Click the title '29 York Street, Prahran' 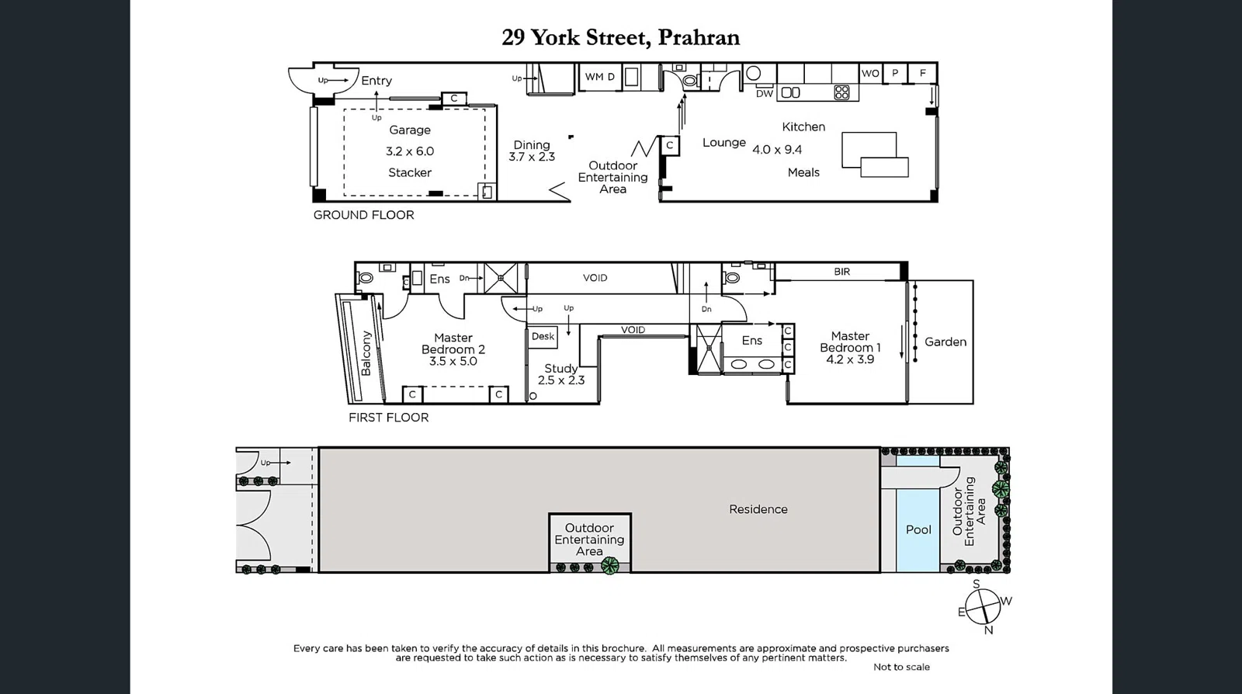click(620, 37)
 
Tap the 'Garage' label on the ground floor click(410, 130)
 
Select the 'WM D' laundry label click(599, 77)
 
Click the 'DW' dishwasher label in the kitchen click(765, 93)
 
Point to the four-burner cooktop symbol click(841, 92)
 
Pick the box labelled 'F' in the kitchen click(923, 73)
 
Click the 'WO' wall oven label click(870, 74)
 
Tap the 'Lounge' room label click(723, 143)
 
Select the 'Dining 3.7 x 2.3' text click(532, 151)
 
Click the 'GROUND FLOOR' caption click(363, 215)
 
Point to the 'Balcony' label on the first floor click(366, 353)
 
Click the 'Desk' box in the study click(543, 336)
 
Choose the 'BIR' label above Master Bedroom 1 click(841, 272)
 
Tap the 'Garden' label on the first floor click(945, 342)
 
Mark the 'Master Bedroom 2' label click(453, 344)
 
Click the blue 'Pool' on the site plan click(918, 529)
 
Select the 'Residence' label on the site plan click(758, 509)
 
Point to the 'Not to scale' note click(900, 667)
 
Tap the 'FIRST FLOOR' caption click(388, 418)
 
